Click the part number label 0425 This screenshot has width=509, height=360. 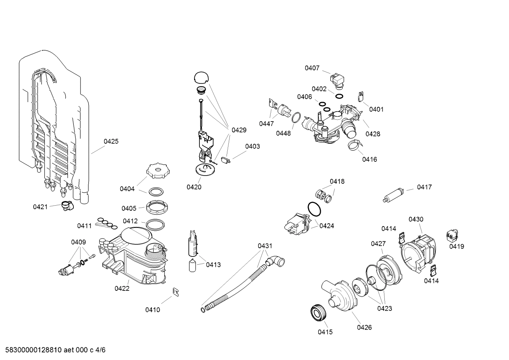(x=111, y=141)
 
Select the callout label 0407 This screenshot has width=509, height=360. (x=312, y=68)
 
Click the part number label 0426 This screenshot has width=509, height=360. (x=364, y=327)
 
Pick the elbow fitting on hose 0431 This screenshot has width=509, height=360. (x=276, y=262)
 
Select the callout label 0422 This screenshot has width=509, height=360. (x=122, y=288)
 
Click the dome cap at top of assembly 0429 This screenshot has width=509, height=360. (x=201, y=77)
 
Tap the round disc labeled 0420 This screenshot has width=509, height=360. (x=205, y=169)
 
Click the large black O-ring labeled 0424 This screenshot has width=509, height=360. (x=315, y=209)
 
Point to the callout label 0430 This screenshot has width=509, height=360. (x=416, y=219)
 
